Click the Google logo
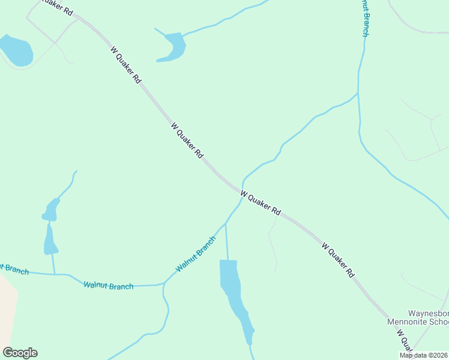pyautogui.click(x=20, y=352)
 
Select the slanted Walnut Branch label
pyautogui.click(x=196, y=254)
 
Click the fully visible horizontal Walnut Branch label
pyautogui.click(x=109, y=286)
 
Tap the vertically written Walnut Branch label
pyautogui.click(x=364, y=18)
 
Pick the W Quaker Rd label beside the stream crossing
pyautogui.click(x=261, y=203)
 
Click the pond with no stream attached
pyautogui.click(x=15, y=50)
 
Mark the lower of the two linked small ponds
pyautogui.click(x=50, y=240)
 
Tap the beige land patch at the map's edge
pyautogui.click(x=7, y=312)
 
